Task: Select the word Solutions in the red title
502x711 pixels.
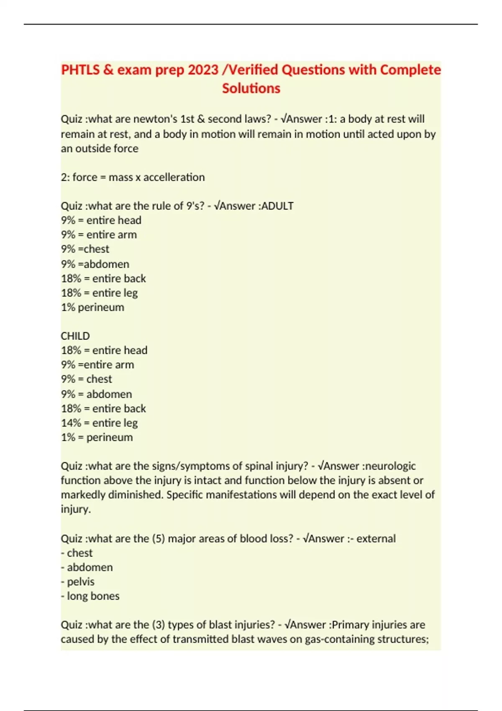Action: [251, 89]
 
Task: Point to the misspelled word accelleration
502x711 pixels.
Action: [174, 177]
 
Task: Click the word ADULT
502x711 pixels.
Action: [277, 206]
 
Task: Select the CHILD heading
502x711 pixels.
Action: [75, 336]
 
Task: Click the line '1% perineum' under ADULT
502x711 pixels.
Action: [92, 307]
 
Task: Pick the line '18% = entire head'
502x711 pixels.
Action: [104, 350]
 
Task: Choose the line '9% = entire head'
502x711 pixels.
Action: [101, 220]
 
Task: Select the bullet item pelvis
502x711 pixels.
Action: [80, 582]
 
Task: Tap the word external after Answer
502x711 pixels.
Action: [376, 539]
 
